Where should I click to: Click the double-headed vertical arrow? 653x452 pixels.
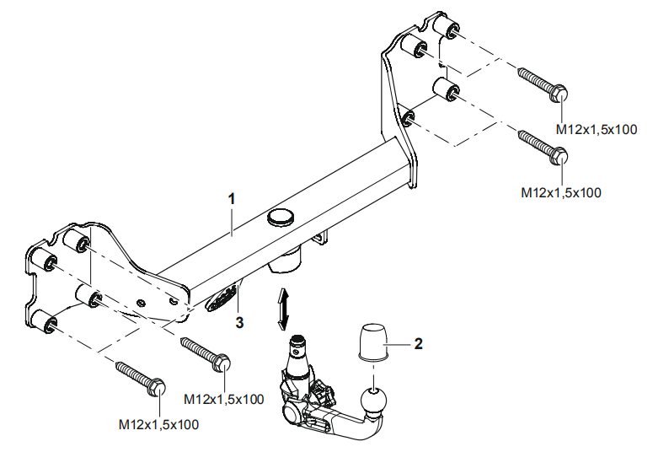(x=285, y=308)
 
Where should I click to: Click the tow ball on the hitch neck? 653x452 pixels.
(x=372, y=403)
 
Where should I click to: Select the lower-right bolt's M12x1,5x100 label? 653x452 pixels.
(x=561, y=192)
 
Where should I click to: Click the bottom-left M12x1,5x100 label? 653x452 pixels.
(x=158, y=424)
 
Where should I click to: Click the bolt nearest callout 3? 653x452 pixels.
(x=205, y=352)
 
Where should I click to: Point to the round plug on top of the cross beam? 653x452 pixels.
(x=279, y=218)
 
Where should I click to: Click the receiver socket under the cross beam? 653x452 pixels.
(x=285, y=261)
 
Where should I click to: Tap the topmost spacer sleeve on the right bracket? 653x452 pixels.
(x=446, y=28)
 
